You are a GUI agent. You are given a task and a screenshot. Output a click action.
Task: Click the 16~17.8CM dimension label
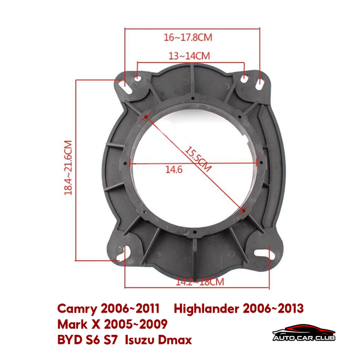188,37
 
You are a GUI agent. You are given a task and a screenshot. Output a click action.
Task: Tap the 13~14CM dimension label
189,56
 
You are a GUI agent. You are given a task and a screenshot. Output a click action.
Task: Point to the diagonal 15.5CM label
198,159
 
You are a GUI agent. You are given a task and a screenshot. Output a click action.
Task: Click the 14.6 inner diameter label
174,170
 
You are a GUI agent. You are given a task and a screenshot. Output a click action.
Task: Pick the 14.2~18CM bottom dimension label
200,281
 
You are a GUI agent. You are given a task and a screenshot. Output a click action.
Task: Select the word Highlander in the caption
206,308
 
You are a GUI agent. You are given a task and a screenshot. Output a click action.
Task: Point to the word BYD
70,340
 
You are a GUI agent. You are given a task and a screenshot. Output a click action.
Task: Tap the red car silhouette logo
302,329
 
